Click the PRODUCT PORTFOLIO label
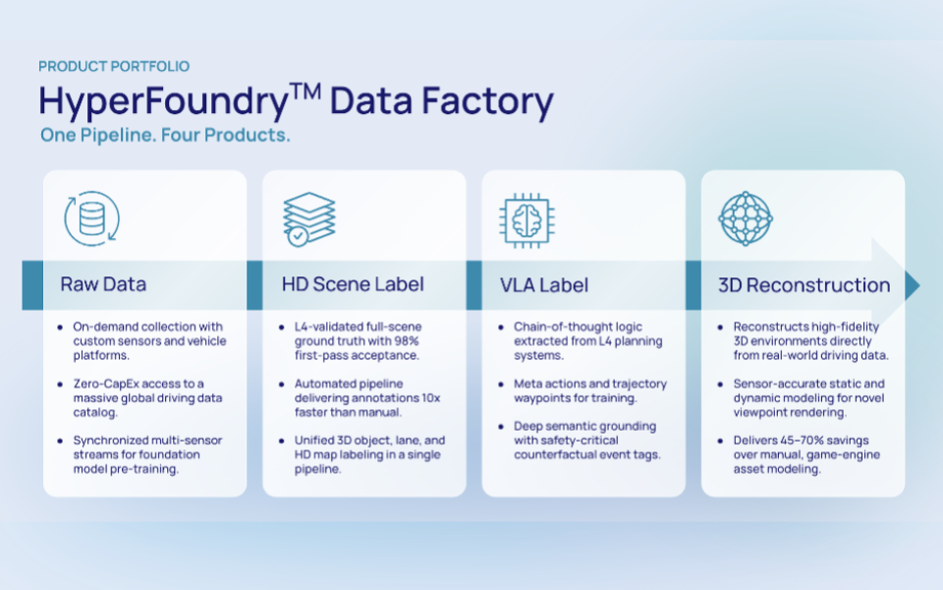point(114,66)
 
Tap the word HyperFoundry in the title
point(164,101)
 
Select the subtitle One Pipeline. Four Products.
point(165,135)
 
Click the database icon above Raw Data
point(92,218)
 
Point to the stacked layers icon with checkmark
point(309,219)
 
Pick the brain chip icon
point(527,221)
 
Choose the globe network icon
point(746,218)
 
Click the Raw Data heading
point(103,284)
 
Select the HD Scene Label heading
point(353,284)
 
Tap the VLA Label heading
point(544,285)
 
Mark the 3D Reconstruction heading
point(804,285)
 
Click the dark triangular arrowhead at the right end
point(912,285)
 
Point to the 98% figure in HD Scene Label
point(407,341)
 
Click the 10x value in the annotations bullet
point(430,398)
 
